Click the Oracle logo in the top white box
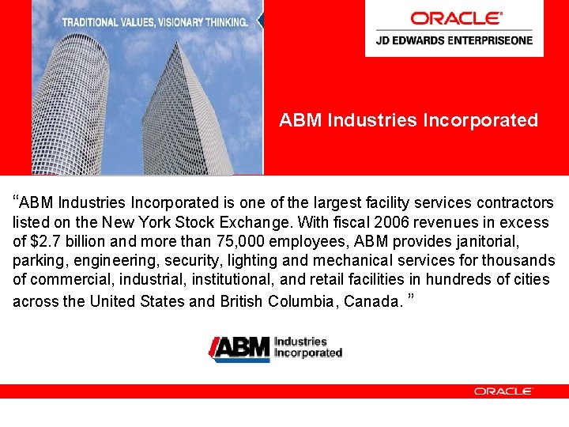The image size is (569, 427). [455, 17]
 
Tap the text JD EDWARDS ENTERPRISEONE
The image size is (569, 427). [454, 40]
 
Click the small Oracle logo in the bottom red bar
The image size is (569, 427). [503, 391]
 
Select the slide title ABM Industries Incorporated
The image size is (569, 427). [409, 120]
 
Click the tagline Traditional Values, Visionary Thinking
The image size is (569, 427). [155, 22]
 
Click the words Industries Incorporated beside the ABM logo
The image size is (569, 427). [307, 347]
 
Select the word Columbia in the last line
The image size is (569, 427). [301, 301]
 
